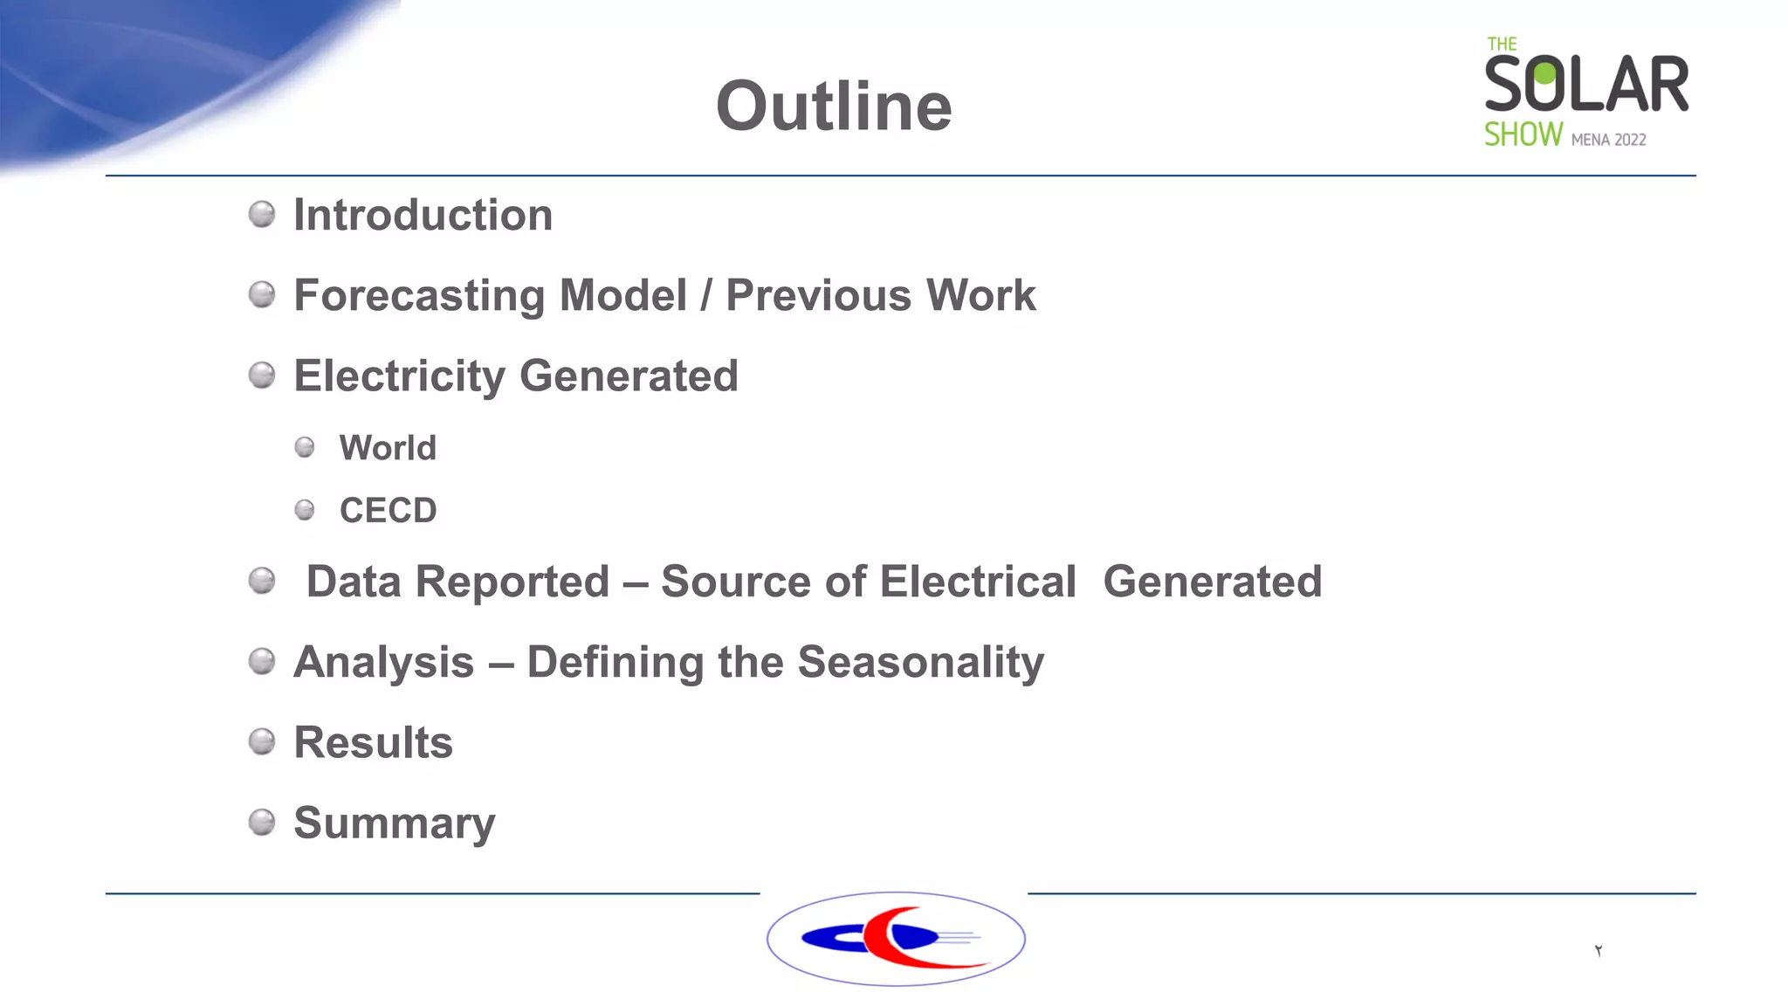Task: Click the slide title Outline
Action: pyautogui.click(x=834, y=107)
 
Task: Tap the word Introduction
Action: pyautogui.click(x=423, y=215)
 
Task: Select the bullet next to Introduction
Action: pyautogui.click(x=262, y=214)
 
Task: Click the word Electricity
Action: pyautogui.click(x=399, y=376)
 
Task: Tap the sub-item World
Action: pyautogui.click(x=388, y=448)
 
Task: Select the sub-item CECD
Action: pyautogui.click(x=388, y=511)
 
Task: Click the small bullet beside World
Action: pyautogui.click(x=305, y=447)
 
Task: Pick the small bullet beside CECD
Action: pyautogui.click(x=305, y=509)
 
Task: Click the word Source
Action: pyautogui.click(x=736, y=582)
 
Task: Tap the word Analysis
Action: pyautogui.click(x=384, y=662)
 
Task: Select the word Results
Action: pyautogui.click(x=373, y=743)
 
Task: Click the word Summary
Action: pyautogui.click(x=394, y=823)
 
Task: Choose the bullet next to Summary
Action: pyautogui.click(x=262, y=822)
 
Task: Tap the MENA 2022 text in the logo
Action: pyautogui.click(x=1608, y=140)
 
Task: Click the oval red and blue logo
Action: pyautogui.click(x=896, y=939)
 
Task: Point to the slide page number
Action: pyautogui.click(x=1599, y=950)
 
